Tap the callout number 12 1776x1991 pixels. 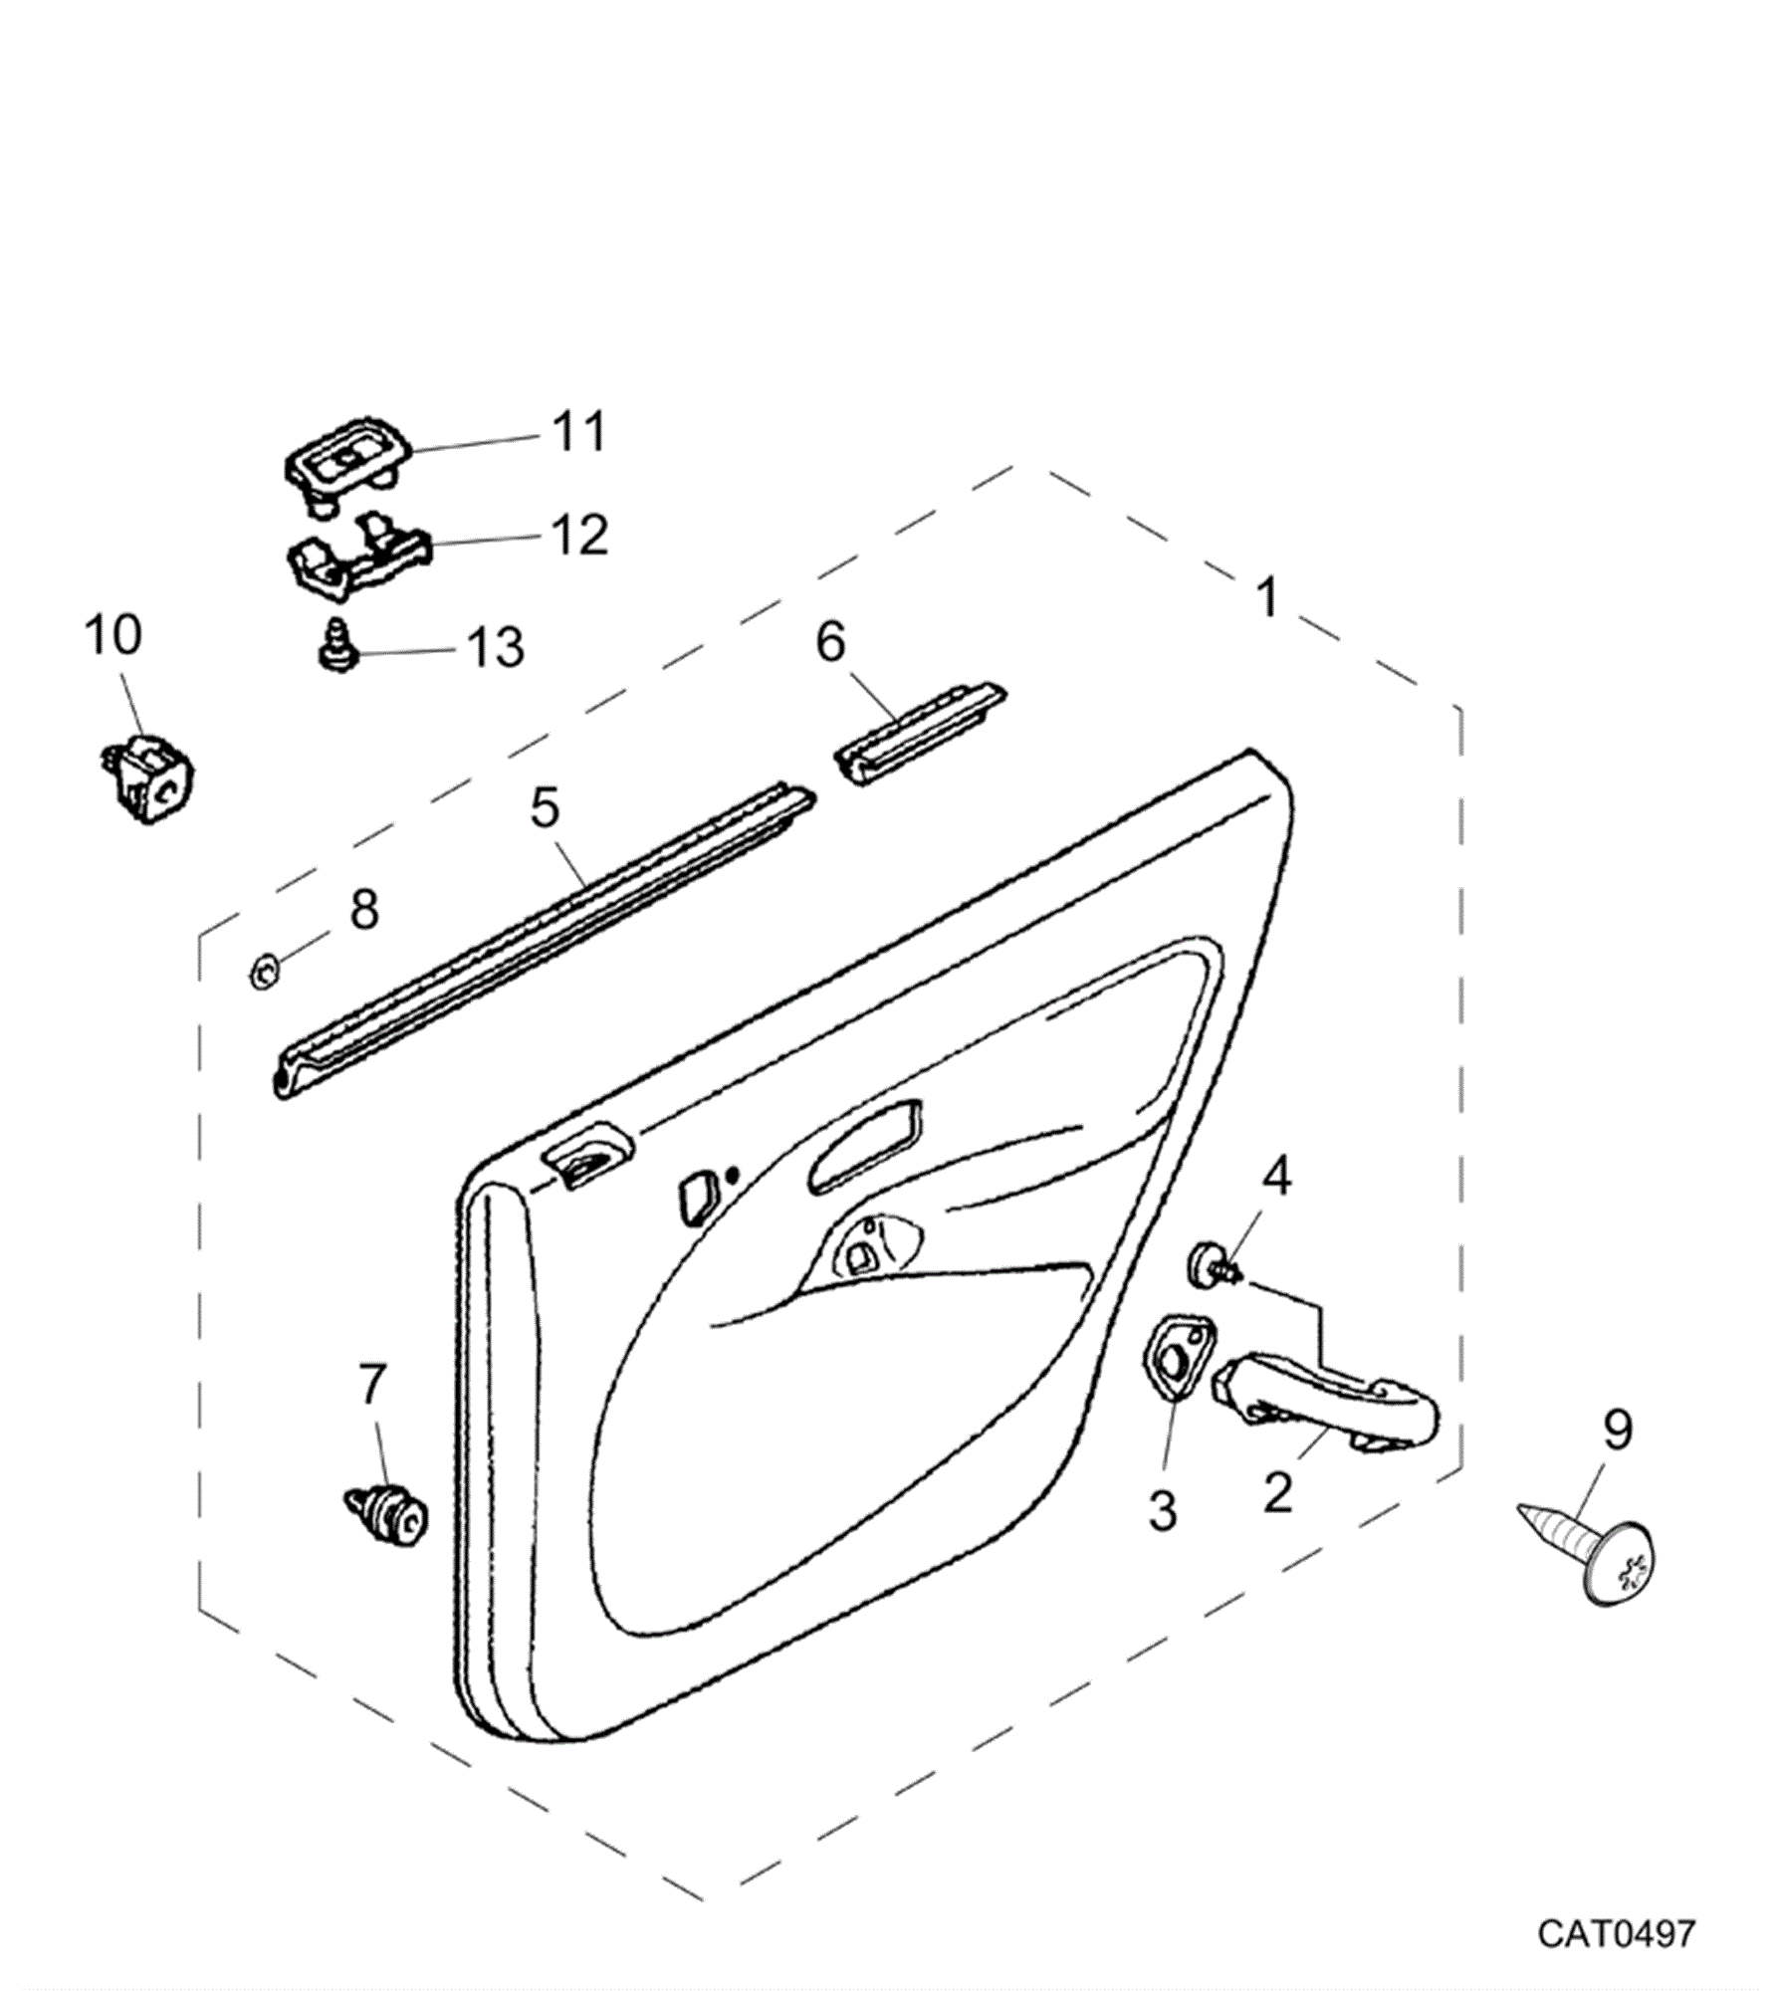[578, 536]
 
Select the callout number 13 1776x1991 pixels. [495, 647]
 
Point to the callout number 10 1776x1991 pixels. [112, 634]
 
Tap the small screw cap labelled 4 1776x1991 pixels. [1211, 1264]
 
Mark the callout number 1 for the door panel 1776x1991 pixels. [1266, 598]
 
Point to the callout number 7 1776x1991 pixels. [371, 1385]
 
